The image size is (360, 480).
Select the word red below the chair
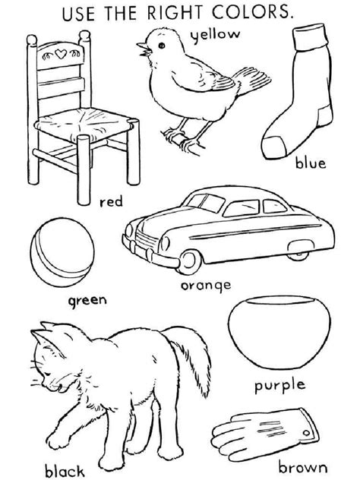[x=110, y=203]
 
